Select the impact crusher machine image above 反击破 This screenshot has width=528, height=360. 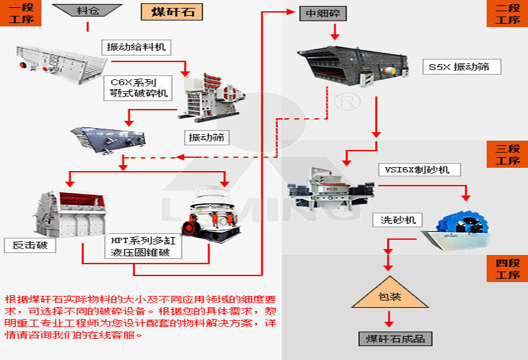point(69,212)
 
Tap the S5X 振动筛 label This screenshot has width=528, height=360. point(461,67)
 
